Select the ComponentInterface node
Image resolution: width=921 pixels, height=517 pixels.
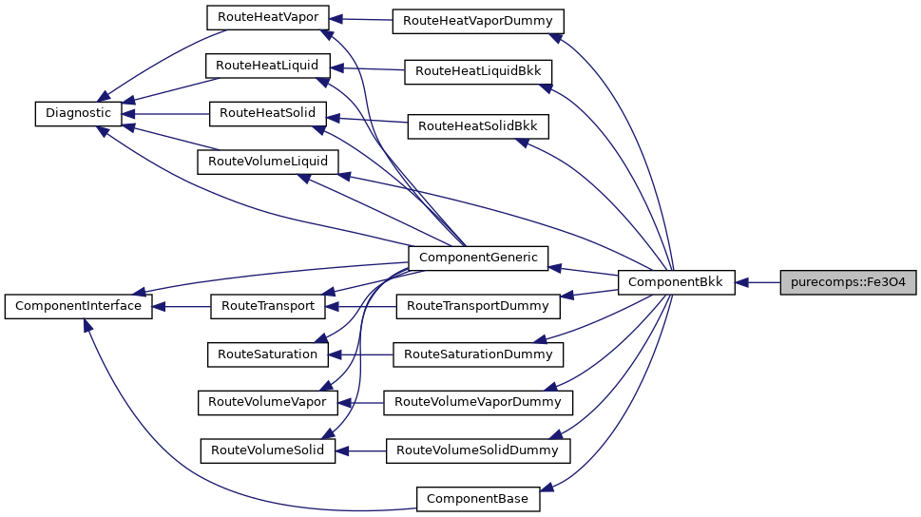pos(78,306)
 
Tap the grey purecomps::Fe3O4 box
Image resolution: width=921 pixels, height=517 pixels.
pos(848,282)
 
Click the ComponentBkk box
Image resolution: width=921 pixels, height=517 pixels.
pos(676,282)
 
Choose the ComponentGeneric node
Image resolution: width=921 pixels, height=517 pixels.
pos(477,257)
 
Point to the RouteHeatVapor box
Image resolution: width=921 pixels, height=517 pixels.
pos(268,17)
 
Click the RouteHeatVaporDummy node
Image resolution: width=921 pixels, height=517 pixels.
pos(478,21)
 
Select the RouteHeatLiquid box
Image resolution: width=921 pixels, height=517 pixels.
pos(268,66)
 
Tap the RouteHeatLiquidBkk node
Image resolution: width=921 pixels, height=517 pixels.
pos(478,71)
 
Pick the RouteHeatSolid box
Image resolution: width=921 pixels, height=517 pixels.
pos(268,112)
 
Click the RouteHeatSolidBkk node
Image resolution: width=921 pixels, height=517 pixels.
pos(478,125)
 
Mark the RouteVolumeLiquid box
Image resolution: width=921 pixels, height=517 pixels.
pos(267,162)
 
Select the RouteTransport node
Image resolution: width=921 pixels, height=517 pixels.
pos(267,306)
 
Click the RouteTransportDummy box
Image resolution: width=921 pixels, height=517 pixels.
pos(477,306)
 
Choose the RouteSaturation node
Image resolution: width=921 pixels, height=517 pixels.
pos(267,354)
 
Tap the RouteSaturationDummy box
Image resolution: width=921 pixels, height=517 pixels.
pos(478,354)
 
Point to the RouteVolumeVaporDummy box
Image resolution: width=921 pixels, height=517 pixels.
pos(478,402)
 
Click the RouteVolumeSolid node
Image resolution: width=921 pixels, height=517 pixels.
pos(267,450)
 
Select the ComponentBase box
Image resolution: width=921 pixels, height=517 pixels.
pos(478,498)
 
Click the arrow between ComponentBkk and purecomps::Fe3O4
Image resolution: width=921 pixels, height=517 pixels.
pos(758,282)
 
